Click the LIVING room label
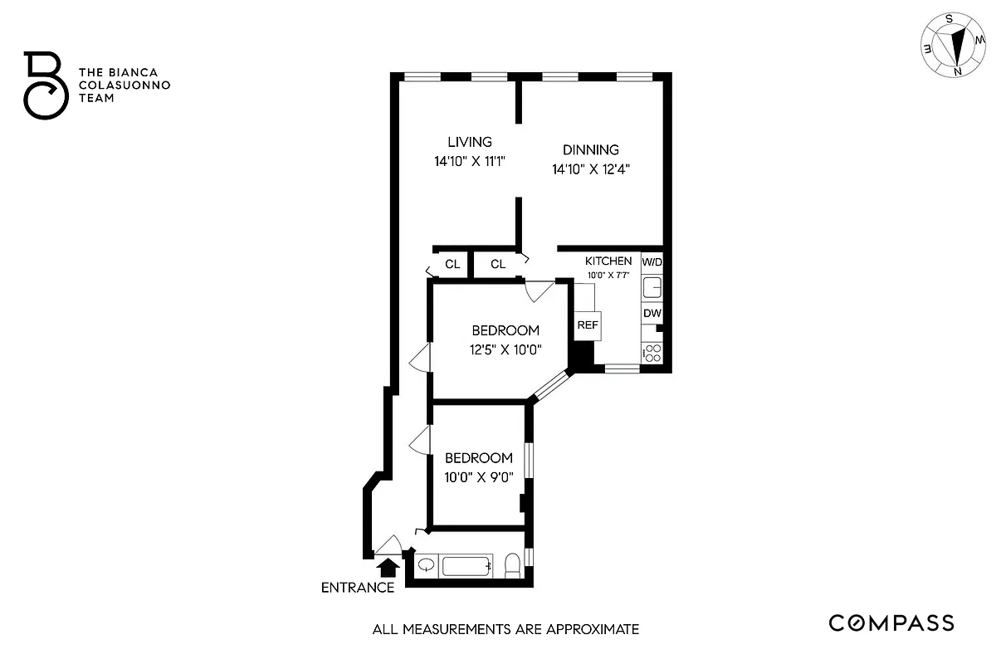pyautogui.click(x=470, y=142)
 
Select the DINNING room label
pyautogui.click(x=591, y=150)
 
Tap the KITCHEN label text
pyautogui.click(x=608, y=261)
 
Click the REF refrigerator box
pyautogui.click(x=588, y=325)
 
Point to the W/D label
pyautogui.click(x=652, y=261)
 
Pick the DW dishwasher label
pyautogui.click(x=652, y=314)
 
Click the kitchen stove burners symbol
pyautogui.click(x=652, y=353)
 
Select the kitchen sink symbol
pyautogui.click(x=652, y=287)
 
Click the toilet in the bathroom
pyautogui.click(x=512, y=566)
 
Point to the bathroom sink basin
pyautogui.click(x=427, y=566)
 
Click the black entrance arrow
pyautogui.click(x=386, y=567)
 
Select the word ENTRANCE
pyautogui.click(x=358, y=588)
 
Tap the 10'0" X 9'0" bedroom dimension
pyautogui.click(x=479, y=476)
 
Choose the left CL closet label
pyautogui.click(x=452, y=265)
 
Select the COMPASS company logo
pyautogui.click(x=892, y=623)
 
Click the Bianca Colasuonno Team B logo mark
pyautogui.click(x=44, y=85)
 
